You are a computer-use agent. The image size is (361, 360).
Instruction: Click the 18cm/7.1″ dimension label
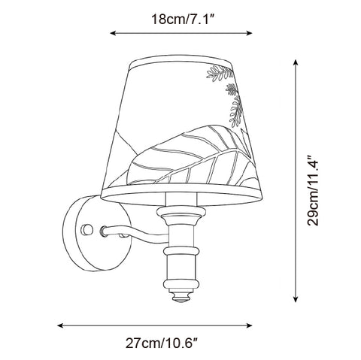coord(183,20)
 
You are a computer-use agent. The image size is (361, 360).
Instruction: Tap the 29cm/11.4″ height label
coord(313,191)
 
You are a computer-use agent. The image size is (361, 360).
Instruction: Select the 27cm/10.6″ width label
coord(162,343)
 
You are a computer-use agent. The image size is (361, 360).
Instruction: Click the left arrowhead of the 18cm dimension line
coord(113,33)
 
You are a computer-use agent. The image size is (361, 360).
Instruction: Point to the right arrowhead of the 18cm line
coord(249,33)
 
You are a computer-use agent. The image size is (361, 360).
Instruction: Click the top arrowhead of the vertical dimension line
coord(296,62)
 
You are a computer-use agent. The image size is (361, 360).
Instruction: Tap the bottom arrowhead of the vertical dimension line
coord(296,299)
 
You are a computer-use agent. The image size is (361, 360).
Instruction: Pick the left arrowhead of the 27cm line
coord(60,325)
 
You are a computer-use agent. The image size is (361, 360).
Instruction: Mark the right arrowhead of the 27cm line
coord(249,325)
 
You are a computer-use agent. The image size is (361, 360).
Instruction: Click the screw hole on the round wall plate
coord(87,229)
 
